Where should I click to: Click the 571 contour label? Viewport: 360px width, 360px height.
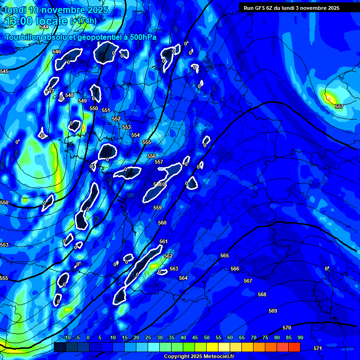pyautogui.click(x=318, y=348)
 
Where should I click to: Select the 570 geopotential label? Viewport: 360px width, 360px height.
pyautogui.click(x=287, y=328)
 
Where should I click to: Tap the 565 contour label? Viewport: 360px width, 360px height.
pyautogui.click(x=225, y=255)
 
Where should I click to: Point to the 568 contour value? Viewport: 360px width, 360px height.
pyautogui.click(x=262, y=294)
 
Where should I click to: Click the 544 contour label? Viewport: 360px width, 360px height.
pyautogui.click(x=44, y=27)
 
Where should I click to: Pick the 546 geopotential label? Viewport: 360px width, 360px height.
pyautogui.click(x=57, y=52)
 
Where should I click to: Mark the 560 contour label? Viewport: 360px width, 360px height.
pyautogui.click(x=162, y=223)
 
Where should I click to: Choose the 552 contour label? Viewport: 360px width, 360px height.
pyautogui.click(x=116, y=119)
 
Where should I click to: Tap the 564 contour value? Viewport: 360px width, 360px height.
pyautogui.click(x=183, y=278)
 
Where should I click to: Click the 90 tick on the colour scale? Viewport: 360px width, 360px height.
pyautogui.click(x=300, y=338)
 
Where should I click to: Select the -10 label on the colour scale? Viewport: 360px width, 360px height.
pyautogui.click(x=67, y=338)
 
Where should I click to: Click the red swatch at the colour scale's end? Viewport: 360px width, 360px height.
pyautogui.click(x=294, y=347)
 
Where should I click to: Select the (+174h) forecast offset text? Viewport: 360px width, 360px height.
pyautogui.click(x=83, y=21)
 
